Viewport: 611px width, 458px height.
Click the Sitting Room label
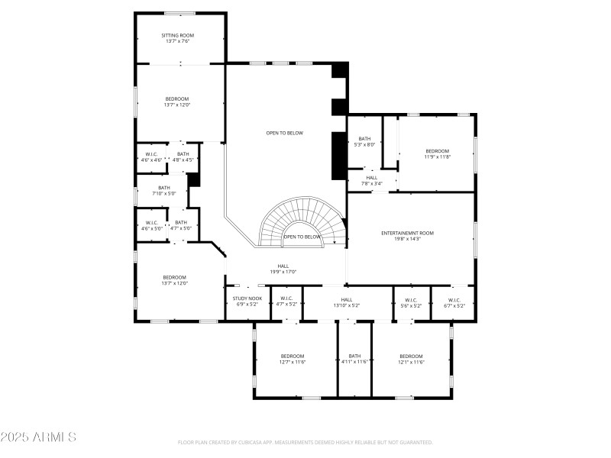[177, 35]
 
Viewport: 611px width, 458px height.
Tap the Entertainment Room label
[408, 233]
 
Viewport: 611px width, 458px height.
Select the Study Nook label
[247, 298]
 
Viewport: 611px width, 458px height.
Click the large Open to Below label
[284, 133]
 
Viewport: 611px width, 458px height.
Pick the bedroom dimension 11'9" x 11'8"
[438, 156]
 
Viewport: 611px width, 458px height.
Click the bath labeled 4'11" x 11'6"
[354, 359]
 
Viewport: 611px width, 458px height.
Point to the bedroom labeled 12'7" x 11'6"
[293, 359]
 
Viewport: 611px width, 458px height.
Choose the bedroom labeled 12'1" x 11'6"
[411, 359]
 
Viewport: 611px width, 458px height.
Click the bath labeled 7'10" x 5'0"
[164, 191]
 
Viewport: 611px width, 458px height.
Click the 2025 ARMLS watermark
[38, 437]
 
